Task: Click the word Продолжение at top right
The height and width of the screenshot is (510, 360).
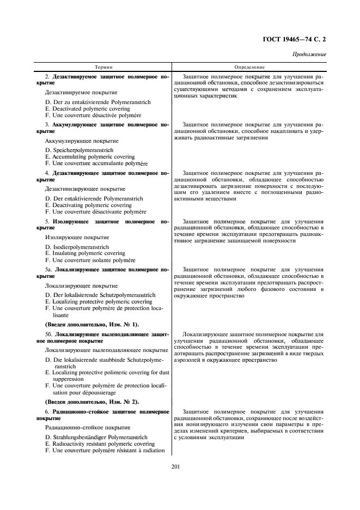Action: (x=309, y=54)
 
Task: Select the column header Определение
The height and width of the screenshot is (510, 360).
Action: (x=250, y=66)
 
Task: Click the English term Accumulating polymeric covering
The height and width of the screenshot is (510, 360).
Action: (x=90, y=157)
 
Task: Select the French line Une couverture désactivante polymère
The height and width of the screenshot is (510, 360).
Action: (x=96, y=211)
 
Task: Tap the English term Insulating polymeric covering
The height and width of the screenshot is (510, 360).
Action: (x=86, y=253)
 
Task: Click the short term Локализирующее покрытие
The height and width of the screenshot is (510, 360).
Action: (x=81, y=286)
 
